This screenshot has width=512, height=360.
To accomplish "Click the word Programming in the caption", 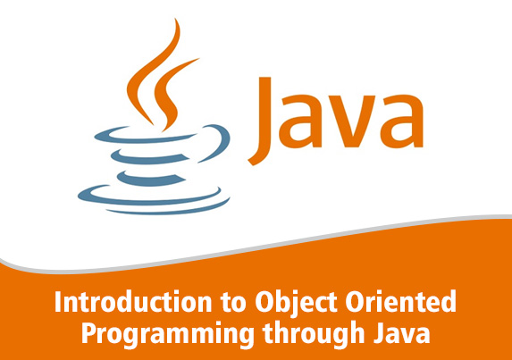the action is coord(168,334).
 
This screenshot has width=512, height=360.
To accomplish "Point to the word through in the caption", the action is coord(314,332).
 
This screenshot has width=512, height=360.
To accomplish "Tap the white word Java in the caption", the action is coord(401,332).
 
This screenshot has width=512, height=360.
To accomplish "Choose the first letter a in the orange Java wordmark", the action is coord(300,121).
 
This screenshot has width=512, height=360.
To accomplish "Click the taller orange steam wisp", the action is coord(154,73).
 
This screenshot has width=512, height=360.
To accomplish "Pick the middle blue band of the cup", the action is coord(148,157).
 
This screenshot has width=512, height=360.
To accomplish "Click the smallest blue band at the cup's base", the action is coord(150,179).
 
